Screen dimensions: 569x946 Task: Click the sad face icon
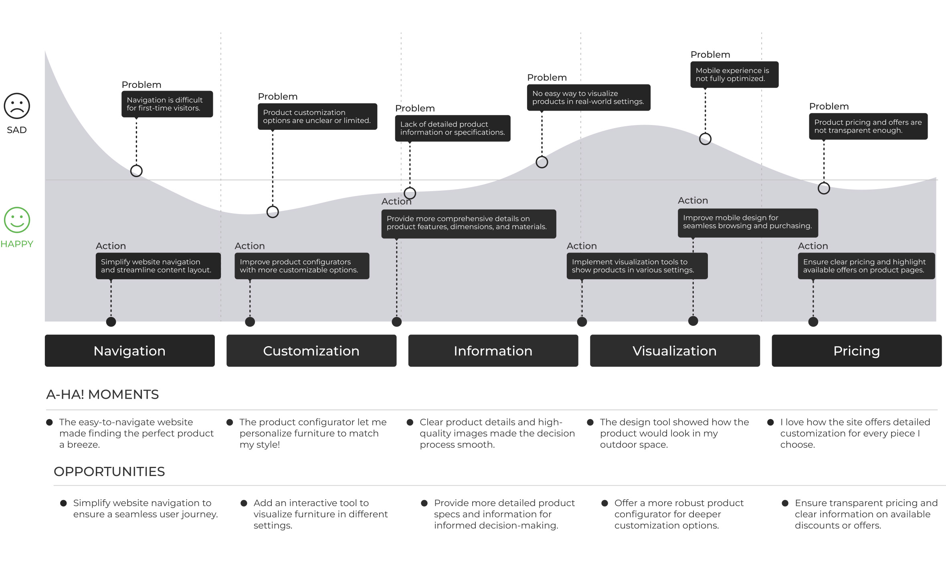[x=17, y=106]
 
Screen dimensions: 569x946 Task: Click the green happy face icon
[x=17, y=220]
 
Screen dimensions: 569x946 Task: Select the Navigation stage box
[x=129, y=351]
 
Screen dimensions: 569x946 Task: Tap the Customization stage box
[x=311, y=351]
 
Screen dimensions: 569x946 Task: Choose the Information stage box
[x=493, y=351]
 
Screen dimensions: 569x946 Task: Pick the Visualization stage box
[x=675, y=351]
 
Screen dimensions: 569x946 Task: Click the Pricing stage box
[x=857, y=351]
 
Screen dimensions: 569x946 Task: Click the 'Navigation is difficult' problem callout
[x=167, y=104]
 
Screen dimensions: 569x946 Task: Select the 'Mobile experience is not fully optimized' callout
[x=734, y=75]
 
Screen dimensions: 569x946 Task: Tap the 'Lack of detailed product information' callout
[x=453, y=128]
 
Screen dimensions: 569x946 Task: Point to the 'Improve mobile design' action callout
[x=748, y=222]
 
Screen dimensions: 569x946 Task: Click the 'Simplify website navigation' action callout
[x=158, y=266]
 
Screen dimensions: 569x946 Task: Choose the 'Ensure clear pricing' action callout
[x=866, y=266]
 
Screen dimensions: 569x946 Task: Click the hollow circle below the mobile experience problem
[x=705, y=139]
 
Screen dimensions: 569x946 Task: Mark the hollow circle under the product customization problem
[x=273, y=212]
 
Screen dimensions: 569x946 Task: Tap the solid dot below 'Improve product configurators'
[x=250, y=322]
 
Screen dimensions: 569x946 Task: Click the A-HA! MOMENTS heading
[x=103, y=395]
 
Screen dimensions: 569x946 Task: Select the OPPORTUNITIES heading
[x=109, y=472]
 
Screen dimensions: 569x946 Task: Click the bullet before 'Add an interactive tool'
[x=244, y=503]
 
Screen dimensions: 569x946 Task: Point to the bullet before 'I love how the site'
[x=770, y=422]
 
